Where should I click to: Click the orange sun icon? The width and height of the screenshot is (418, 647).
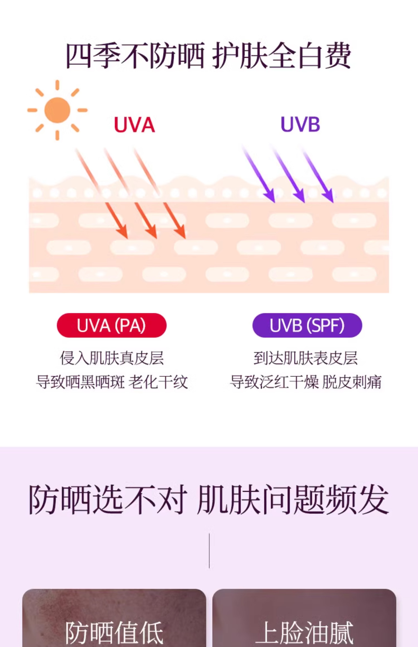point(57,110)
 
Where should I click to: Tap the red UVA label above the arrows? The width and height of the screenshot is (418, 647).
point(134,125)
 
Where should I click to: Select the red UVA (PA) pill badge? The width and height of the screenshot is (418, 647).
point(112,325)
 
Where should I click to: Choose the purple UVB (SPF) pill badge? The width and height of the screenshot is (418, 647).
point(307,325)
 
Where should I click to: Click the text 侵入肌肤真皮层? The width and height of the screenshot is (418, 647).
point(112,358)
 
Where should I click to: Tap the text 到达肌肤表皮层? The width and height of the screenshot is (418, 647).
point(306,358)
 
